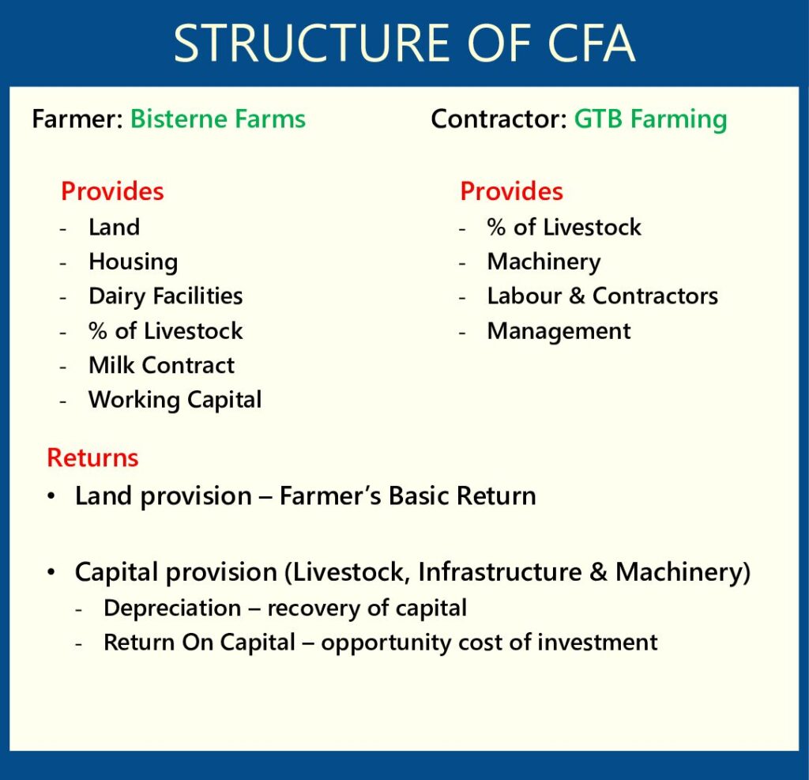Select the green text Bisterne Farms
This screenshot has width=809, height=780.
tap(218, 119)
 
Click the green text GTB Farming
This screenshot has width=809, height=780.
tap(651, 120)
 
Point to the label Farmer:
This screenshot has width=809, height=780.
tap(77, 119)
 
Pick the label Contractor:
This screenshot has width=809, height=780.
tap(499, 119)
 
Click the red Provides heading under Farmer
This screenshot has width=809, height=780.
tap(112, 191)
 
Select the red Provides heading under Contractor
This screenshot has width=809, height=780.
tap(511, 191)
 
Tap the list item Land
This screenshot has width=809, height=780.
tap(114, 227)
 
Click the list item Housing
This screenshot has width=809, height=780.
tap(133, 262)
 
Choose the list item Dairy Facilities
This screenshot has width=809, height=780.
tap(166, 297)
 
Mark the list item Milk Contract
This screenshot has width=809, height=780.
tap(161, 365)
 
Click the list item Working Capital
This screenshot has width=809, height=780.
tap(175, 400)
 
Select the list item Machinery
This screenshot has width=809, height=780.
tap(544, 262)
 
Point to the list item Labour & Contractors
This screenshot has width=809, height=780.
tap(603, 296)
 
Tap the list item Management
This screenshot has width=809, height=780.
tap(559, 331)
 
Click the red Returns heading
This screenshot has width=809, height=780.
tap(93, 458)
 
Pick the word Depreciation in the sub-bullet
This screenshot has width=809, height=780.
tap(172, 609)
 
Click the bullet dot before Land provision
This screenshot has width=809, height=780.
tap(51, 496)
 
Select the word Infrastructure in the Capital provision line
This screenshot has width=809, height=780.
tap(500, 572)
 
